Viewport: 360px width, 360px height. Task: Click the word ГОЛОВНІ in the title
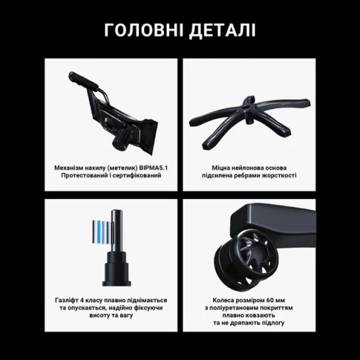(143, 30)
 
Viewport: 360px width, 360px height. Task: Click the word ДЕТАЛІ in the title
(222, 31)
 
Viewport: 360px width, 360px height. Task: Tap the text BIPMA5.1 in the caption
(153, 168)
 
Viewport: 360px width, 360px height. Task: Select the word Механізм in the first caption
(68, 168)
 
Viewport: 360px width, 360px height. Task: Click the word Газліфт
(66, 300)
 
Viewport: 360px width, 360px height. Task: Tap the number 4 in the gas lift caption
(82, 300)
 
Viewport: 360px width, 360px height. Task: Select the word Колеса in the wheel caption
(222, 300)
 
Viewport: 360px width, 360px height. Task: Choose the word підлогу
(273, 323)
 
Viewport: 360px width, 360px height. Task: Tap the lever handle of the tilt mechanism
(83, 81)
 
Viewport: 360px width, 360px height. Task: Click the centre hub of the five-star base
(249, 108)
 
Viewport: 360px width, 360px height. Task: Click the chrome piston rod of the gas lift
(118, 230)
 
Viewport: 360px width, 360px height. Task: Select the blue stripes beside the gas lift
(101, 231)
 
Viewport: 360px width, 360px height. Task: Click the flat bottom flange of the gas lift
(116, 283)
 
